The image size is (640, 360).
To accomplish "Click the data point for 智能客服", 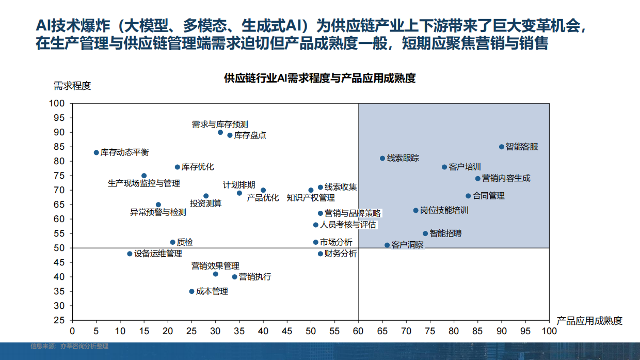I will (502, 147).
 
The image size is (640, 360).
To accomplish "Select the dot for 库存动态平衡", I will (96, 152).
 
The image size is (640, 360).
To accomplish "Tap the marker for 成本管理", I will (191, 291).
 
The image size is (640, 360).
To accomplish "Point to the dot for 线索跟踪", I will (382, 158).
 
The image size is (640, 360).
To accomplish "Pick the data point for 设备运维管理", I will (130, 254).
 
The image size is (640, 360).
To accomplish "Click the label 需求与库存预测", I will (220, 124).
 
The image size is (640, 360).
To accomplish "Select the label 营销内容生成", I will (506, 178).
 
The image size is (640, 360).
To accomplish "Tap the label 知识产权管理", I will (311, 198).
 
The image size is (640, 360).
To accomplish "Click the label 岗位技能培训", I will (444, 210).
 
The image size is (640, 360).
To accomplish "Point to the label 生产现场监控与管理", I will (144, 183).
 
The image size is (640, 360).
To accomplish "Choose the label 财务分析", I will (340, 254).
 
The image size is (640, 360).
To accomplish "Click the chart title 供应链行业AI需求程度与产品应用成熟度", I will (319, 79).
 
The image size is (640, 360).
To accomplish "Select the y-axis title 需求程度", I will (72, 86).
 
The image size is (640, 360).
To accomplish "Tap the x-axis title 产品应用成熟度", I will (589, 321).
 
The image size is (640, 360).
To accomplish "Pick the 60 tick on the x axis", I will (358, 330).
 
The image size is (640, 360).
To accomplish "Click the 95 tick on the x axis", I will (525, 330).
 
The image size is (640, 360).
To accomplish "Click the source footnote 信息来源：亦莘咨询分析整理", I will (69, 347).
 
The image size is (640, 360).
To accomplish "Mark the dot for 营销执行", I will (234, 277).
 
